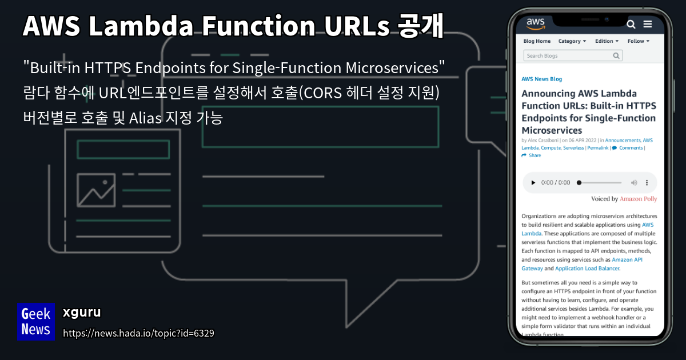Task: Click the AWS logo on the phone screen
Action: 536,23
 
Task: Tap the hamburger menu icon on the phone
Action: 648,24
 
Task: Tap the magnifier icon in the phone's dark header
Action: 631,24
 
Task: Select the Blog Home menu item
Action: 537,41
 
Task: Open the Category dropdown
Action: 572,41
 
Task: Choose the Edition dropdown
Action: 607,41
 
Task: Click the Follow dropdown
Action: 639,41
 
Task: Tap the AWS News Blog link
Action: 541,79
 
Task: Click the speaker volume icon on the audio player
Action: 634,183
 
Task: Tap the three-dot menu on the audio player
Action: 647,183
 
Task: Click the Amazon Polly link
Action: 639,199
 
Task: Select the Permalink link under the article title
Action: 598,148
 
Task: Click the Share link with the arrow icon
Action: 531,155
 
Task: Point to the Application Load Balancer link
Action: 587,268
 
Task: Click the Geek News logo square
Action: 35,321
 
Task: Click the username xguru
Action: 82,313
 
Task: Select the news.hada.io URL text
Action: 138,333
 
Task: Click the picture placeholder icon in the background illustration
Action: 95,190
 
